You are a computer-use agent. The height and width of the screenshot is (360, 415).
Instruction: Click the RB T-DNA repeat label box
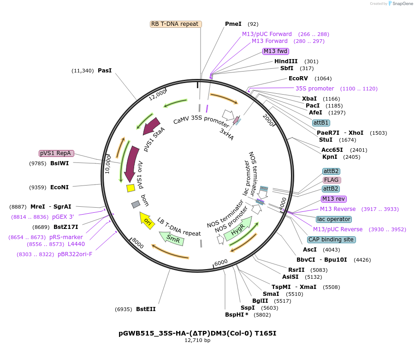click(x=176, y=24)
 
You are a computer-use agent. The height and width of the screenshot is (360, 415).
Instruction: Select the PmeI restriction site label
click(x=233, y=24)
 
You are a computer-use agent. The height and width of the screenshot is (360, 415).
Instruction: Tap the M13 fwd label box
click(x=276, y=51)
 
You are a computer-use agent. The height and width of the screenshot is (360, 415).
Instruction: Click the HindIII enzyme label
click(x=286, y=61)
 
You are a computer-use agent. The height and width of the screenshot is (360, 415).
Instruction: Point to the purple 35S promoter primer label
click(x=314, y=89)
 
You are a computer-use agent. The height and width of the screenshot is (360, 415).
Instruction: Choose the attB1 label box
click(x=321, y=123)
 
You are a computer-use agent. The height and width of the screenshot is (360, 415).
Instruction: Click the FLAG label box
click(x=332, y=180)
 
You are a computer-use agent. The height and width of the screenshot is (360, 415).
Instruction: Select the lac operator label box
click(x=334, y=219)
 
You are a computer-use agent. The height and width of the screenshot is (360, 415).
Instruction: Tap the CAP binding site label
click(x=331, y=240)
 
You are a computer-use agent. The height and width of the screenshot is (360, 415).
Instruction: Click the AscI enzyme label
click(x=309, y=250)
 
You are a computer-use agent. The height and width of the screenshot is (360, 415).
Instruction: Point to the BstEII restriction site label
click(x=146, y=309)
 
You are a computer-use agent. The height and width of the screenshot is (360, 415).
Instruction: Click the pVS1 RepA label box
click(x=56, y=153)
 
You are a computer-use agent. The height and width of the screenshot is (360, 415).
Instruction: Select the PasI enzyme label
click(x=105, y=71)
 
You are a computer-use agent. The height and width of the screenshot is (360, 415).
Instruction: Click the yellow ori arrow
click(x=147, y=221)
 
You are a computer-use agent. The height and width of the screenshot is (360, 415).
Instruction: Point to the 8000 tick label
click(x=138, y=243)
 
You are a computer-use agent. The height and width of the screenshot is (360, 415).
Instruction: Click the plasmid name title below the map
click(x=197, y=333)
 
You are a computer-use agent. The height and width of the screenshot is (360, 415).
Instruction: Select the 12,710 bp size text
click(x=197, y=341)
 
